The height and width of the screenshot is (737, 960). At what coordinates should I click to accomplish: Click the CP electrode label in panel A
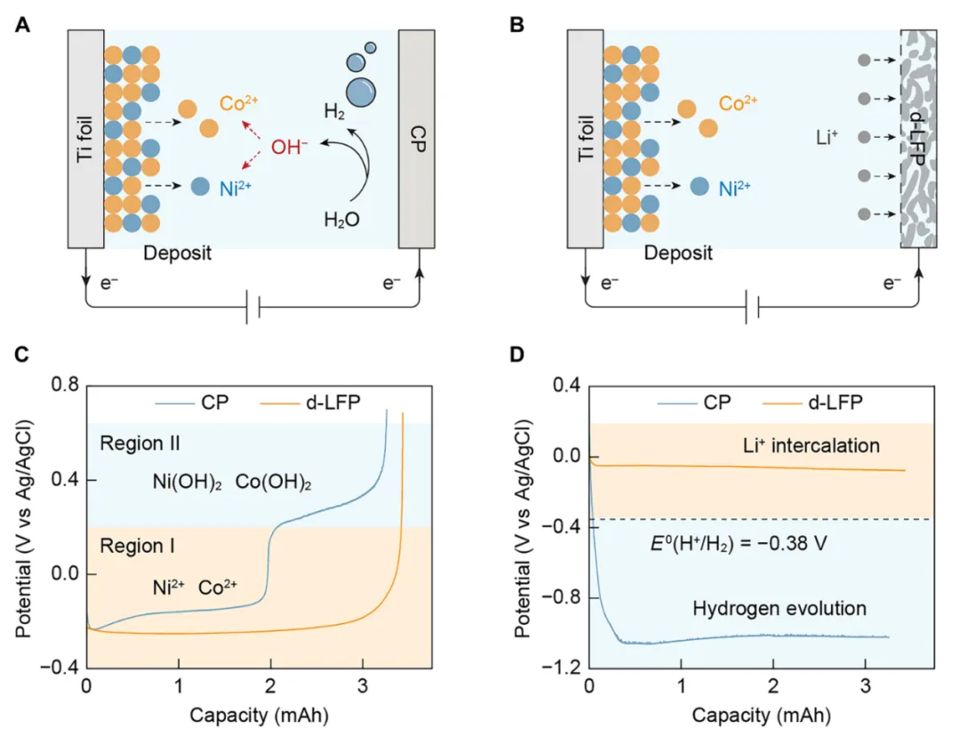tap(416, 139)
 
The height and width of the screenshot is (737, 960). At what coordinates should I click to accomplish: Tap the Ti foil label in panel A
tap(85, 139)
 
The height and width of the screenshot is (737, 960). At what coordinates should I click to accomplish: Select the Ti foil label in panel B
tap(584, 139)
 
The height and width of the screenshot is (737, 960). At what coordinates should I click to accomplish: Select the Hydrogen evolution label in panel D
tap(779, 609)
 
